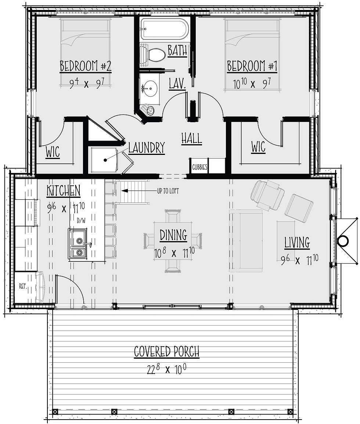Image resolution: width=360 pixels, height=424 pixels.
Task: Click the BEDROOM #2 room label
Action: [85, 66]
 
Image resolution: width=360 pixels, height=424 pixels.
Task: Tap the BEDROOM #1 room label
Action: [252, 66]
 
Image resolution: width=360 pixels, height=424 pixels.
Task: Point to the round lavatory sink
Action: [151, 88]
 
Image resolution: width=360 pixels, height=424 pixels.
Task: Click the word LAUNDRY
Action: [147, 148]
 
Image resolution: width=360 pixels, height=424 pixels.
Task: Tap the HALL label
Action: [192, 138]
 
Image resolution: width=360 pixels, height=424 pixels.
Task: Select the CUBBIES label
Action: [199, 167]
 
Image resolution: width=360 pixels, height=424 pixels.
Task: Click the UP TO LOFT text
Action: [168, 191]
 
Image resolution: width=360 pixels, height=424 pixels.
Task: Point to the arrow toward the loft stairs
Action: [139, 191]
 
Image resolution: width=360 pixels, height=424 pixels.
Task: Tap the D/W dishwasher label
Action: [81, 221]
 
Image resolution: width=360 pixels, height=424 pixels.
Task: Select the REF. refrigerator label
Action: [23, 286]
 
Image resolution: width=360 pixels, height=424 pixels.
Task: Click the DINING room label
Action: [173, 235]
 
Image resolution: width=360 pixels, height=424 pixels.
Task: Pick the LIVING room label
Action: [297, 243]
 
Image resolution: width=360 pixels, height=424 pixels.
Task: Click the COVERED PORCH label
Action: [167, 352]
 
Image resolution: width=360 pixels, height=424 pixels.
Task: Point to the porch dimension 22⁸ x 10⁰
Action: [167, 369]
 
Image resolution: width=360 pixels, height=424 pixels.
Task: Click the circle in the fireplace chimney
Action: [343, 240]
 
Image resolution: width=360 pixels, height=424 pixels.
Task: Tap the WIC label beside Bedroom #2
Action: [53, 152]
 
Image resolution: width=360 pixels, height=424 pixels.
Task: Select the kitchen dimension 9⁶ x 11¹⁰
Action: [66, 208]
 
